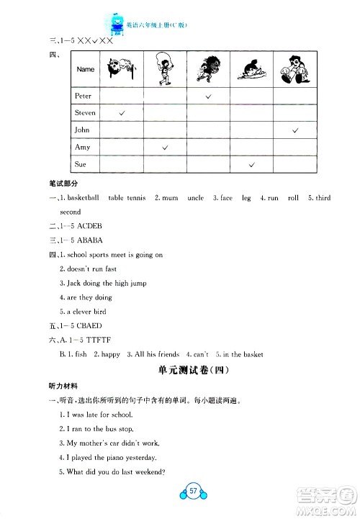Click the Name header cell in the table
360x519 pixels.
coord(86,69)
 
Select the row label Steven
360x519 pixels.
coord(86,113)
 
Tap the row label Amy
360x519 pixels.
coord(83,148)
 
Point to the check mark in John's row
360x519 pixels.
coord(295,130)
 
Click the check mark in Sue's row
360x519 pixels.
coord(252,165)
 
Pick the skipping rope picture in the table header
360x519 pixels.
coord(166,69)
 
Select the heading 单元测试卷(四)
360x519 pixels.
coord(182,370)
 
